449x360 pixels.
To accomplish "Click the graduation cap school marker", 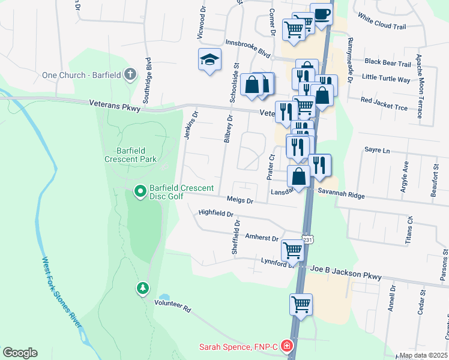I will [209, 59].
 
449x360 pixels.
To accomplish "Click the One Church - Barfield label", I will [81, 75].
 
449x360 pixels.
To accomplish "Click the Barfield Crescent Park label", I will [130, 155].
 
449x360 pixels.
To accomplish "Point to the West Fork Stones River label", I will [61, 293].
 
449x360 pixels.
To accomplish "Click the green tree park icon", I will [142, 288].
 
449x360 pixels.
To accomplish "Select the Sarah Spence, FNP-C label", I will [239, 347].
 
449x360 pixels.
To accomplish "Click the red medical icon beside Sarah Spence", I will [287, 346].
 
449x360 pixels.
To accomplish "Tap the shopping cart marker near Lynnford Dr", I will [292, 249].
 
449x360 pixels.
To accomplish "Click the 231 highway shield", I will [307, 239].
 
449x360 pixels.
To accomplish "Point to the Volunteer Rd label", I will [172, 306].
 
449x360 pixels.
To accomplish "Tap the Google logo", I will [20, 353].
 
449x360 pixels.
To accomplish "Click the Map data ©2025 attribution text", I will [423, 355].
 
